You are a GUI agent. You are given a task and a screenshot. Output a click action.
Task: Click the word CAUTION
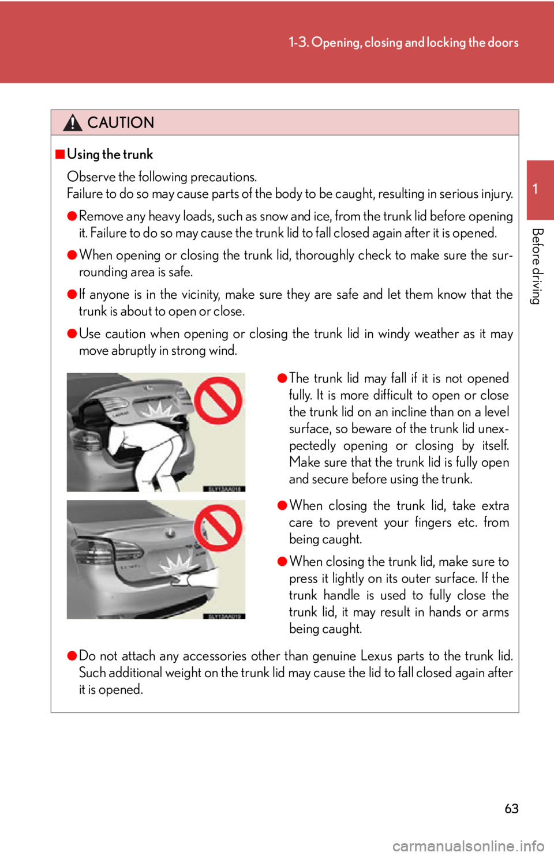121,123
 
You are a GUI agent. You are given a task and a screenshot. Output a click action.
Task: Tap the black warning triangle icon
73,122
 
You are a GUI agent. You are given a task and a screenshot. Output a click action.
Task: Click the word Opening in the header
336,43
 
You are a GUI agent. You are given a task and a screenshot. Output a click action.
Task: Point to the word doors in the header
503,43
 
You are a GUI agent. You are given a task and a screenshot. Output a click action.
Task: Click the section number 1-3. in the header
298,43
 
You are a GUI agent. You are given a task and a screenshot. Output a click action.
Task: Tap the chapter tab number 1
535,189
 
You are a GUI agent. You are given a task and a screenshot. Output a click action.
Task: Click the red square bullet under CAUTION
60,154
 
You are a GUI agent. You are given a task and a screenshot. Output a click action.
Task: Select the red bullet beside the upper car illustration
282,378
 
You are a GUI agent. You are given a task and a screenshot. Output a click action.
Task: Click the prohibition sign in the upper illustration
218,400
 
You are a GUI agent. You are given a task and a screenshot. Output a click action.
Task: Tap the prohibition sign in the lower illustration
218,527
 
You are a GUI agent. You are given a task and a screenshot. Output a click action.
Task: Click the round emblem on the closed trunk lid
170,534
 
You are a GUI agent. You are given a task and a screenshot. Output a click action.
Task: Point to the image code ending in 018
224,489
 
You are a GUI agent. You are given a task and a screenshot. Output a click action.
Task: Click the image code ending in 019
224,616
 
